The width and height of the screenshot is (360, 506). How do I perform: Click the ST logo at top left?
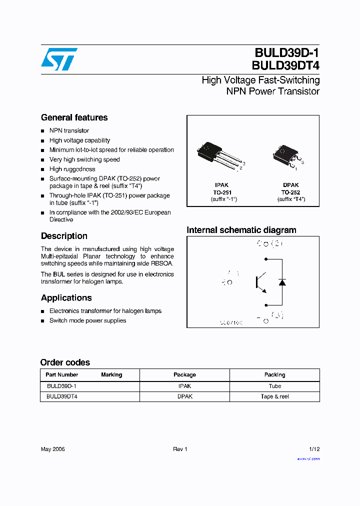point(59,59)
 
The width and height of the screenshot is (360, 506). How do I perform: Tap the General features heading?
point(74,117)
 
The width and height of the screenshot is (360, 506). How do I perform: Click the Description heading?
point(64,236)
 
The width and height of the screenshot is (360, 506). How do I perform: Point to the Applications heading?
point(66,298)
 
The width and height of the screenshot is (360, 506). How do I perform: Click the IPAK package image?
point(218,156)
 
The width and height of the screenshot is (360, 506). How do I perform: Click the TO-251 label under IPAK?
point(222,192)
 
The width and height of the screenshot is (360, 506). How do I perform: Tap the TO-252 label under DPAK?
point(290,192)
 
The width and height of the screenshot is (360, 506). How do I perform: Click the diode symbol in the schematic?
point(282,282)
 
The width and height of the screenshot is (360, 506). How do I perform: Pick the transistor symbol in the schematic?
point(261,282)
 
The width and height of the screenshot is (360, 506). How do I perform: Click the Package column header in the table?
point(184,374)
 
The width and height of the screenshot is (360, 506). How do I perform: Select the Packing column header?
point(274,374)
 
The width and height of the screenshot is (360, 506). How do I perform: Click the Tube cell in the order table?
point(274,386)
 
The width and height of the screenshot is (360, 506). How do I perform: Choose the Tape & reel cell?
point(274,396)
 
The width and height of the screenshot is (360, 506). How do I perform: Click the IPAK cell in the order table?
point(184,386)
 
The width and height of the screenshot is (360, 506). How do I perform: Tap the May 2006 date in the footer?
point(52,449)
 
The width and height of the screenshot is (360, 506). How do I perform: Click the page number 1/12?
point(314,449)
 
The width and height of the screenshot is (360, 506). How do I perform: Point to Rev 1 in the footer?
point(180,449)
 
